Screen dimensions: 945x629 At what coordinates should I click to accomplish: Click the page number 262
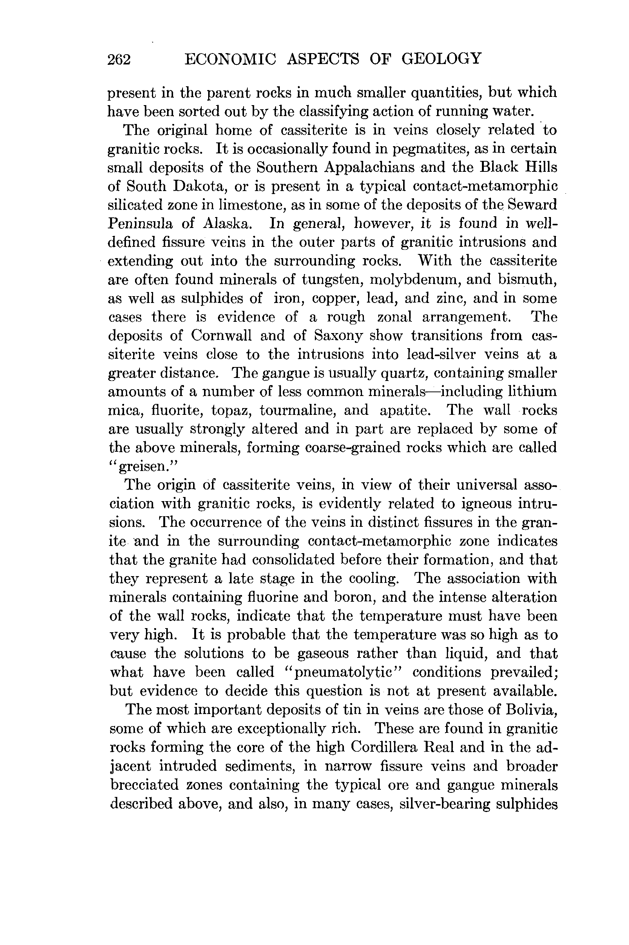click(119, 60)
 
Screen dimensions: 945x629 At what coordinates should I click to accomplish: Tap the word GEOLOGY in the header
click(441, 59)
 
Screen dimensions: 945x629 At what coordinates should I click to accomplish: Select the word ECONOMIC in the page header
click(230, 59)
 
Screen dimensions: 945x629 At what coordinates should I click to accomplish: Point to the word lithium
click(532, 391)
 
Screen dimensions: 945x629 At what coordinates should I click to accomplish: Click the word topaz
click(232, 410)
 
